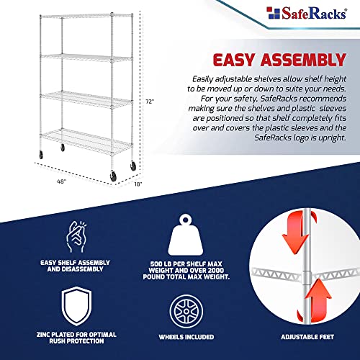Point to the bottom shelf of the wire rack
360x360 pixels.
coord(79,136)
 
